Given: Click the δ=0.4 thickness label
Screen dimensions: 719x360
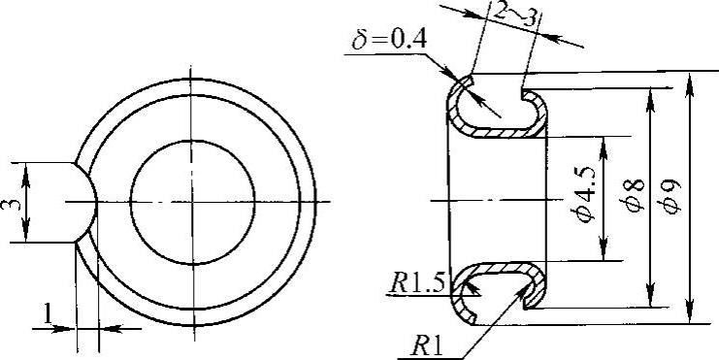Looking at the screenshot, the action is coord(389,41).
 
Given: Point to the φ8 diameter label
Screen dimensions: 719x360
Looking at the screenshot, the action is coord(636,196).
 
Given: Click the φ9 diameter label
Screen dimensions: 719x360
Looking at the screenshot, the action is coord(671,197).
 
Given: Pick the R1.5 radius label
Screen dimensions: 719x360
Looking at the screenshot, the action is coord(416,284).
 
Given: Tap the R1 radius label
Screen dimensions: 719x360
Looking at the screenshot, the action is coord(427,348).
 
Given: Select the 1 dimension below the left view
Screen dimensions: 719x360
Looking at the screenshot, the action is coord(49,314).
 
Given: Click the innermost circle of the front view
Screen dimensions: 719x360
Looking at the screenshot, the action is coord(192,141).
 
